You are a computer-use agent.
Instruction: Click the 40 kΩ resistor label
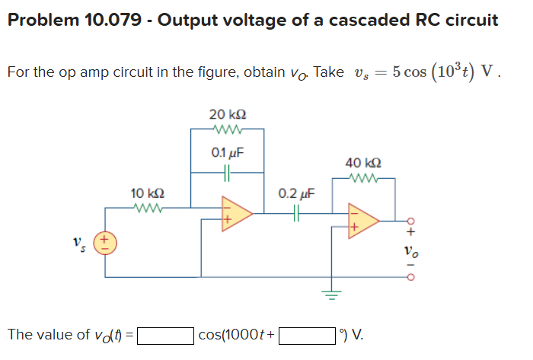point(363,163)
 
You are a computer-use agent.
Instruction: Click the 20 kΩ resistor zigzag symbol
point(227,129)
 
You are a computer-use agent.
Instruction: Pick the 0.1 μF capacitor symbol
point(227,172)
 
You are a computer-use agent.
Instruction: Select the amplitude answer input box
point(165,334)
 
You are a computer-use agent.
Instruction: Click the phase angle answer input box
point(307,334)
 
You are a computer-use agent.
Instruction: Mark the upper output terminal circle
point(411,220)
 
